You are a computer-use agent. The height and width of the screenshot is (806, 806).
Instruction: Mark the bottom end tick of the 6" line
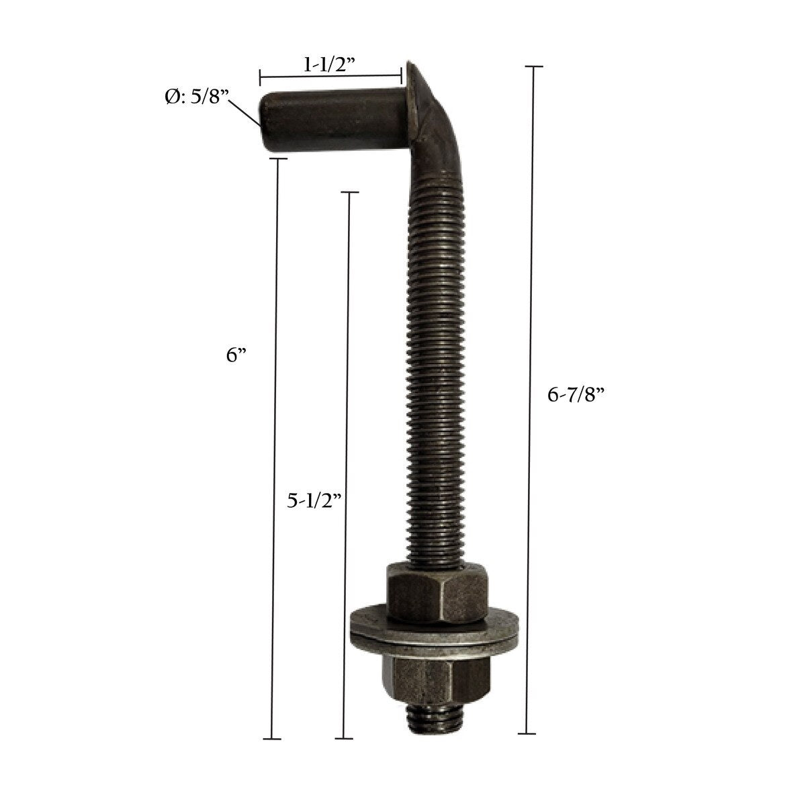tap(271, 739)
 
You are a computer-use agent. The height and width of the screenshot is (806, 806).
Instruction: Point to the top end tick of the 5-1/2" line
tap(350, 193)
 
